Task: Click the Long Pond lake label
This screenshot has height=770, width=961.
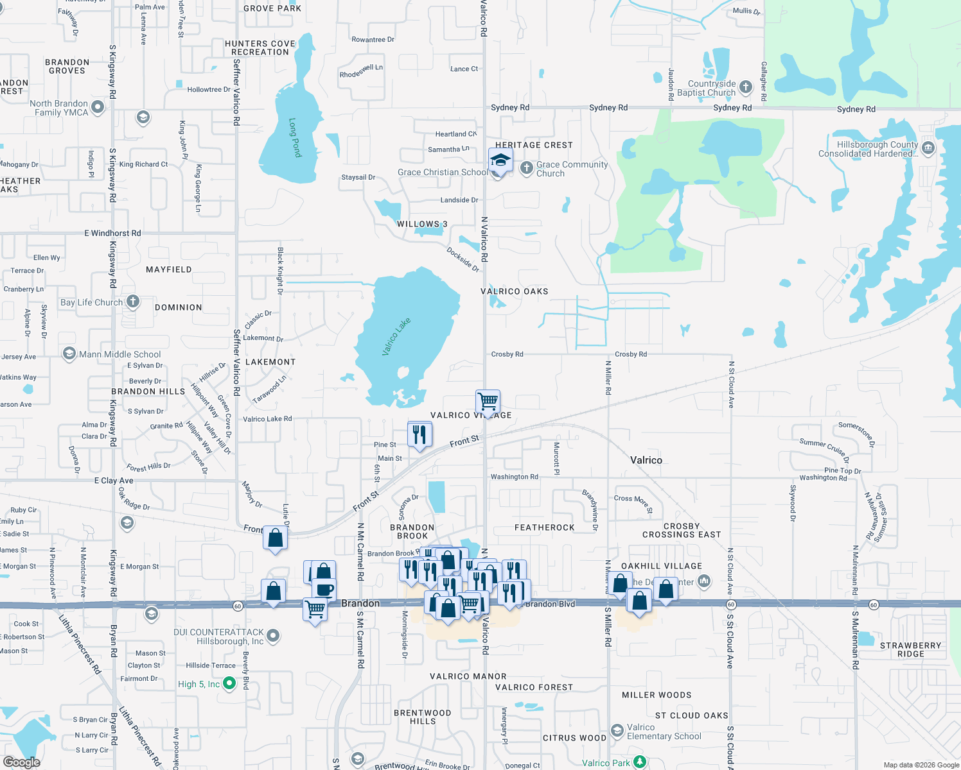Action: [295, 137]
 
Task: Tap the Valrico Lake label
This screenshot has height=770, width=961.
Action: [396, 336]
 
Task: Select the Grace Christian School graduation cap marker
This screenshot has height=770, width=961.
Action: [500, 160]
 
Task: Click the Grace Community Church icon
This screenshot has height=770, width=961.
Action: [526, 168]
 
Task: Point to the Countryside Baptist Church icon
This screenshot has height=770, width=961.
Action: [745, 87]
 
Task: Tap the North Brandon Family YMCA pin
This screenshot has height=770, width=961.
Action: [98, 107]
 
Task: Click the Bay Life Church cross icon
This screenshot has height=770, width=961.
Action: [133, 301]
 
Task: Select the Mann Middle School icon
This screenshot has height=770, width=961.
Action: [69, 354]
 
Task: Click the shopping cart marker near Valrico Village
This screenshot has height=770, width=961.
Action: [488, 402]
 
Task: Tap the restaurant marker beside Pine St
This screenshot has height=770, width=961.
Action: [419, 434]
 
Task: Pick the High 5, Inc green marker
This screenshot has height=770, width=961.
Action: [229, 684]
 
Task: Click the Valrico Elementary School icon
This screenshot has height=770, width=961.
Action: [617, 731]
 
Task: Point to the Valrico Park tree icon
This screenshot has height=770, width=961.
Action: [639, 762]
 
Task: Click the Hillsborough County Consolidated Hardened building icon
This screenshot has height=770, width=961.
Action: [928, 148]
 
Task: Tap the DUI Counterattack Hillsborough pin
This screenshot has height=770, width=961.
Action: [272, 636]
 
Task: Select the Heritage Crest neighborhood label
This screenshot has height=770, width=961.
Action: [534, 145]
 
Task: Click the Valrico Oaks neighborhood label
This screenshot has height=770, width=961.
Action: [515, 291]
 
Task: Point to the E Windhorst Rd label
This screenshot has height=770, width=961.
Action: [112, 233]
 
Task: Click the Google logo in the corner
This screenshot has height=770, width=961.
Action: [21, 762]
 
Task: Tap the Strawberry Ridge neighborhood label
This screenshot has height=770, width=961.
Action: [910, 649]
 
